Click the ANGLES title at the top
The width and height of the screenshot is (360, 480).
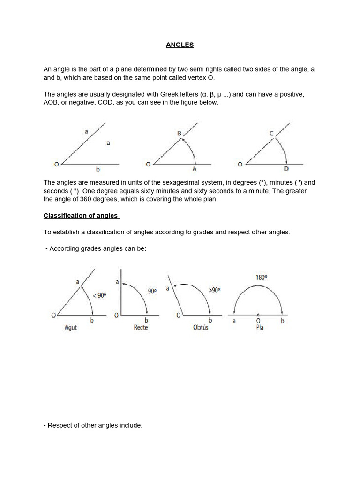(180, 45)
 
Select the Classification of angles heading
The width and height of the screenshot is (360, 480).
(81, 216)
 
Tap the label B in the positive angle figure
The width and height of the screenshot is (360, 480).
(179, 134)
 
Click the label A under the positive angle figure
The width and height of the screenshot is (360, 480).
(195, 169)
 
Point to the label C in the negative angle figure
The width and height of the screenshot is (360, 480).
(271, 134)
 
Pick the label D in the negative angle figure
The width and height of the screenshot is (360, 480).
(286, 169)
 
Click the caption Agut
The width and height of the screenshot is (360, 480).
(70, 328)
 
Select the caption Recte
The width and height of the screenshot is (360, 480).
(141, 328)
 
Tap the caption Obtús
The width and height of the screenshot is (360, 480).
(201, 328)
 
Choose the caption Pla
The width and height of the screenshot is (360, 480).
(260, 328)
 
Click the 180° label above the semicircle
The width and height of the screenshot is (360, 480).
(262, 277)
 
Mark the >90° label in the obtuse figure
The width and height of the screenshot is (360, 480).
(214, 290)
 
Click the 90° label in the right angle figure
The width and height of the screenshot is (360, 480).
(152, 291)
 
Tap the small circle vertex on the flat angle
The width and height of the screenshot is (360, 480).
(258, 314)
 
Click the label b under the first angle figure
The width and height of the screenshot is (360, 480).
(98, 170)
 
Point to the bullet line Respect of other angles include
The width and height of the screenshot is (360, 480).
(93, 426)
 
